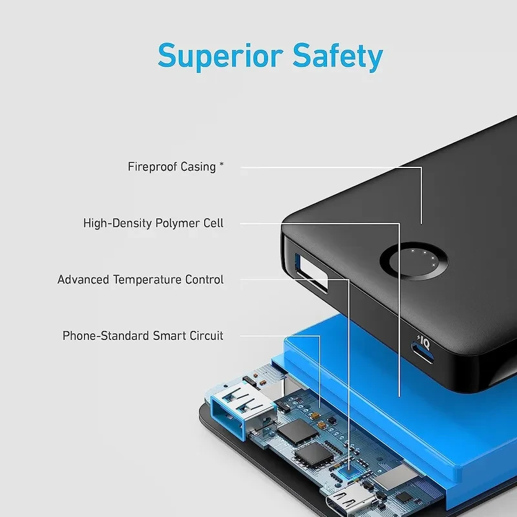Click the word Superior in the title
coord(220,56)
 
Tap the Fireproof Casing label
coord(176,167)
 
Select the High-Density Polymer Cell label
coord(153,223)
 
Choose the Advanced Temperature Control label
coord(140,280)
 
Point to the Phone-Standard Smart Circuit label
coord(143,335)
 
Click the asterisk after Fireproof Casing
coord(222,164)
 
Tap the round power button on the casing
coord(414,261)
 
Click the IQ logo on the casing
coord(424,343)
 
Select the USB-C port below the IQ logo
coord(422,353)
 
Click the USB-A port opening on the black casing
coord(311,273)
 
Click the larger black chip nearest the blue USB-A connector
coord(298,431)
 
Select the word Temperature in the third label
coord(147,280)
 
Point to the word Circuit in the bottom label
coord(206,335)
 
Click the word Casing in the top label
coord(198,167)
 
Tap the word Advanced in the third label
coord(83,280)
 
